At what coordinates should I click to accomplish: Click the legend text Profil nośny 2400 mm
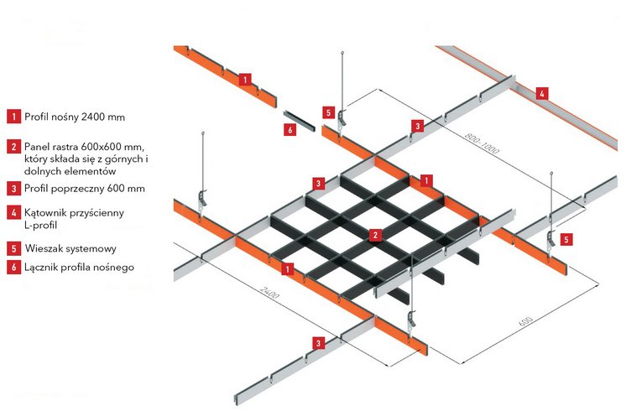75,117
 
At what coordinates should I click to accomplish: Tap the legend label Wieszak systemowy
70,248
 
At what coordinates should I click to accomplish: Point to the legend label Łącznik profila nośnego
80,268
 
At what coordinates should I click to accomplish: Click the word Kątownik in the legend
45,213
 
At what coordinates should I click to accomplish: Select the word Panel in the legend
38,146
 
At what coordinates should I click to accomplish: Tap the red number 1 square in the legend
13,117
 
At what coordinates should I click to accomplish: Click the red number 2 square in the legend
13,147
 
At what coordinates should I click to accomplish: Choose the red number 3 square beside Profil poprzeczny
13,188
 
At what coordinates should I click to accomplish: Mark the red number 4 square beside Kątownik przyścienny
13,213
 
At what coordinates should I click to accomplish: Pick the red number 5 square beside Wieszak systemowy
13,248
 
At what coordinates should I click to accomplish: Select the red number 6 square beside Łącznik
13,268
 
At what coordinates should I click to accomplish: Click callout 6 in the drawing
290,130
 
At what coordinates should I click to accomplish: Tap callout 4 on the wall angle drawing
542,93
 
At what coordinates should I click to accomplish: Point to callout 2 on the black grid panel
376,235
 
